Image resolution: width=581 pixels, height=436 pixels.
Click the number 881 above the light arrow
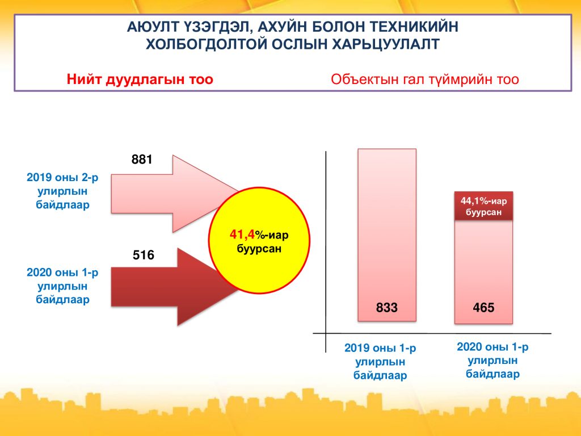pyautogui.click(x=142, y=160)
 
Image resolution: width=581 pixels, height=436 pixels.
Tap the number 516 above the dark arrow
pyautogui.click(x=144, y=255)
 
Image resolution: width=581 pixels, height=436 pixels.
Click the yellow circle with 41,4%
pyautogui.click(x=259, y=241)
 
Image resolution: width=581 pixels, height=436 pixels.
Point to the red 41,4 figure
pyautogui.click(x=242, y=234)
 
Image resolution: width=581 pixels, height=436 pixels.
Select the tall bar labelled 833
pyautogui.click(x=387, y=235)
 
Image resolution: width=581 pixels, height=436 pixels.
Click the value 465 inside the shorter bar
pyautogui.click(x=483, y=308)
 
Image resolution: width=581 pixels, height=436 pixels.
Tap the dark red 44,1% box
pyautogui.click(x=483, y=207)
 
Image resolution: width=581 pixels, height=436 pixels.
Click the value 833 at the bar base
pyautogui.click(x=387, y=308)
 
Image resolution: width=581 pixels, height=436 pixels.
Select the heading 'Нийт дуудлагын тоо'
pyautogui.click(x=140, y=79)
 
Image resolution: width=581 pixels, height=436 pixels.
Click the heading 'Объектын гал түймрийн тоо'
pyautogui.click(x=424, y=79)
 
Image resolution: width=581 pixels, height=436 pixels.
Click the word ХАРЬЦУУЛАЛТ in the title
pyautogui.click(x=385, y=44)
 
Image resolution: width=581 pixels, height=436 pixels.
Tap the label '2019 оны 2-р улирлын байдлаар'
pyautogui.click(x=62, y=191)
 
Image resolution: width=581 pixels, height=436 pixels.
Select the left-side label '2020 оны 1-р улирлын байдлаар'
pyautogui.click(x=62, y=286)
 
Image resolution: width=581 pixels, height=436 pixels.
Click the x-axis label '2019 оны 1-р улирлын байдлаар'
pyautogui.click(x=380, y=362)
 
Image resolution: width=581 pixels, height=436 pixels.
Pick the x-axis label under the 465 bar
pyautogui.click(x=492, y=360)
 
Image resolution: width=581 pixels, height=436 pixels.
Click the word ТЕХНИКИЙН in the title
pyautogui.click(x=414, y=27)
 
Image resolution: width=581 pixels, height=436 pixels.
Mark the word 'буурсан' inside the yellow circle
pyautogui.click(x=259, y=248)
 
